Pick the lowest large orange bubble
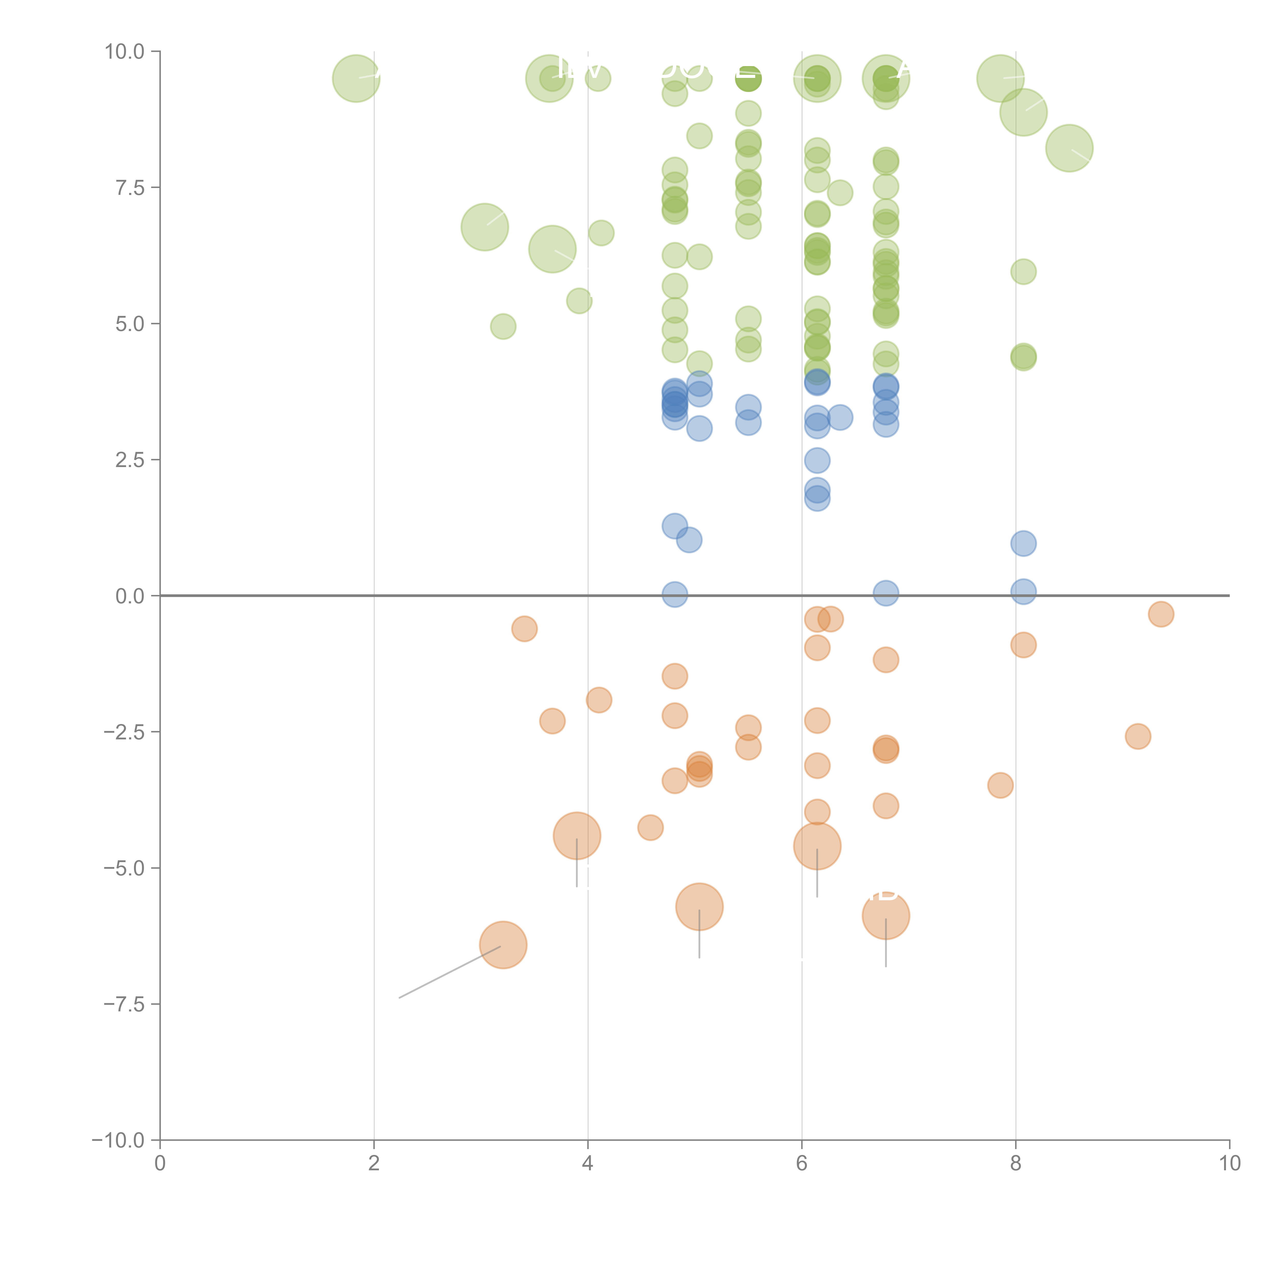tap(503, 945)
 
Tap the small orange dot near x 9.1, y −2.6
tap(1138, 736)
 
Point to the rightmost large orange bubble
tap(886, 916)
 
